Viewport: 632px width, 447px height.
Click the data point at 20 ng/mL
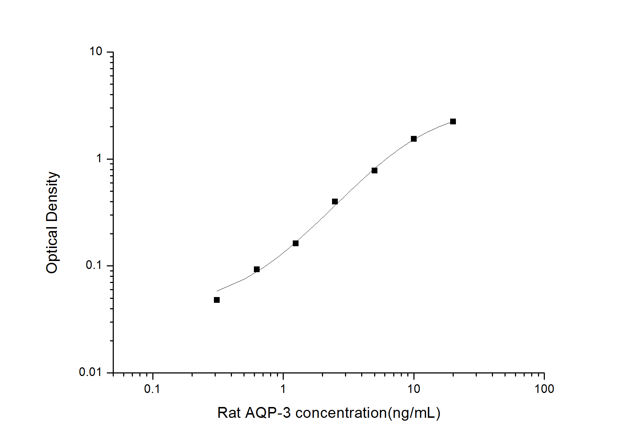tap(453, 121)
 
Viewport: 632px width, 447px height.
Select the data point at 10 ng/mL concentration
tap(414, 139)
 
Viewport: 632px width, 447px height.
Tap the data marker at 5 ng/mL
tap(375, 171)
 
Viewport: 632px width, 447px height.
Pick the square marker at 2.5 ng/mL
tap(335, 202)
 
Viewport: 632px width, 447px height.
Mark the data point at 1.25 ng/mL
tap(296, 243)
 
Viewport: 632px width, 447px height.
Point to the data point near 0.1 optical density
tap(257, 269)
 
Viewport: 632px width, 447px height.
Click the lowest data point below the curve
tap(217, 300)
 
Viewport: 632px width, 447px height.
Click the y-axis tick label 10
tap(96, 52)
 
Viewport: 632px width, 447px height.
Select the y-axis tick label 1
tap(99, 158)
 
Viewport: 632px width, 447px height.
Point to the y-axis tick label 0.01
tap(90, 372)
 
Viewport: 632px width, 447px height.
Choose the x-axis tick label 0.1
tap(152, 389)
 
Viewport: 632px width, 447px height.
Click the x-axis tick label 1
tap(283, 389)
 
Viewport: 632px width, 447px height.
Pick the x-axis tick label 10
tap(414, 389)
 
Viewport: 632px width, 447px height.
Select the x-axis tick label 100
tap(544, 389)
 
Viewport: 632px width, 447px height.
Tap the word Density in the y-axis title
tap(52, 196)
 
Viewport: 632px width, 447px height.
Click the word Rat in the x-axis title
tap(229, 413)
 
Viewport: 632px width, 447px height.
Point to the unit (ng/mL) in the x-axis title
tap(414, 413)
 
